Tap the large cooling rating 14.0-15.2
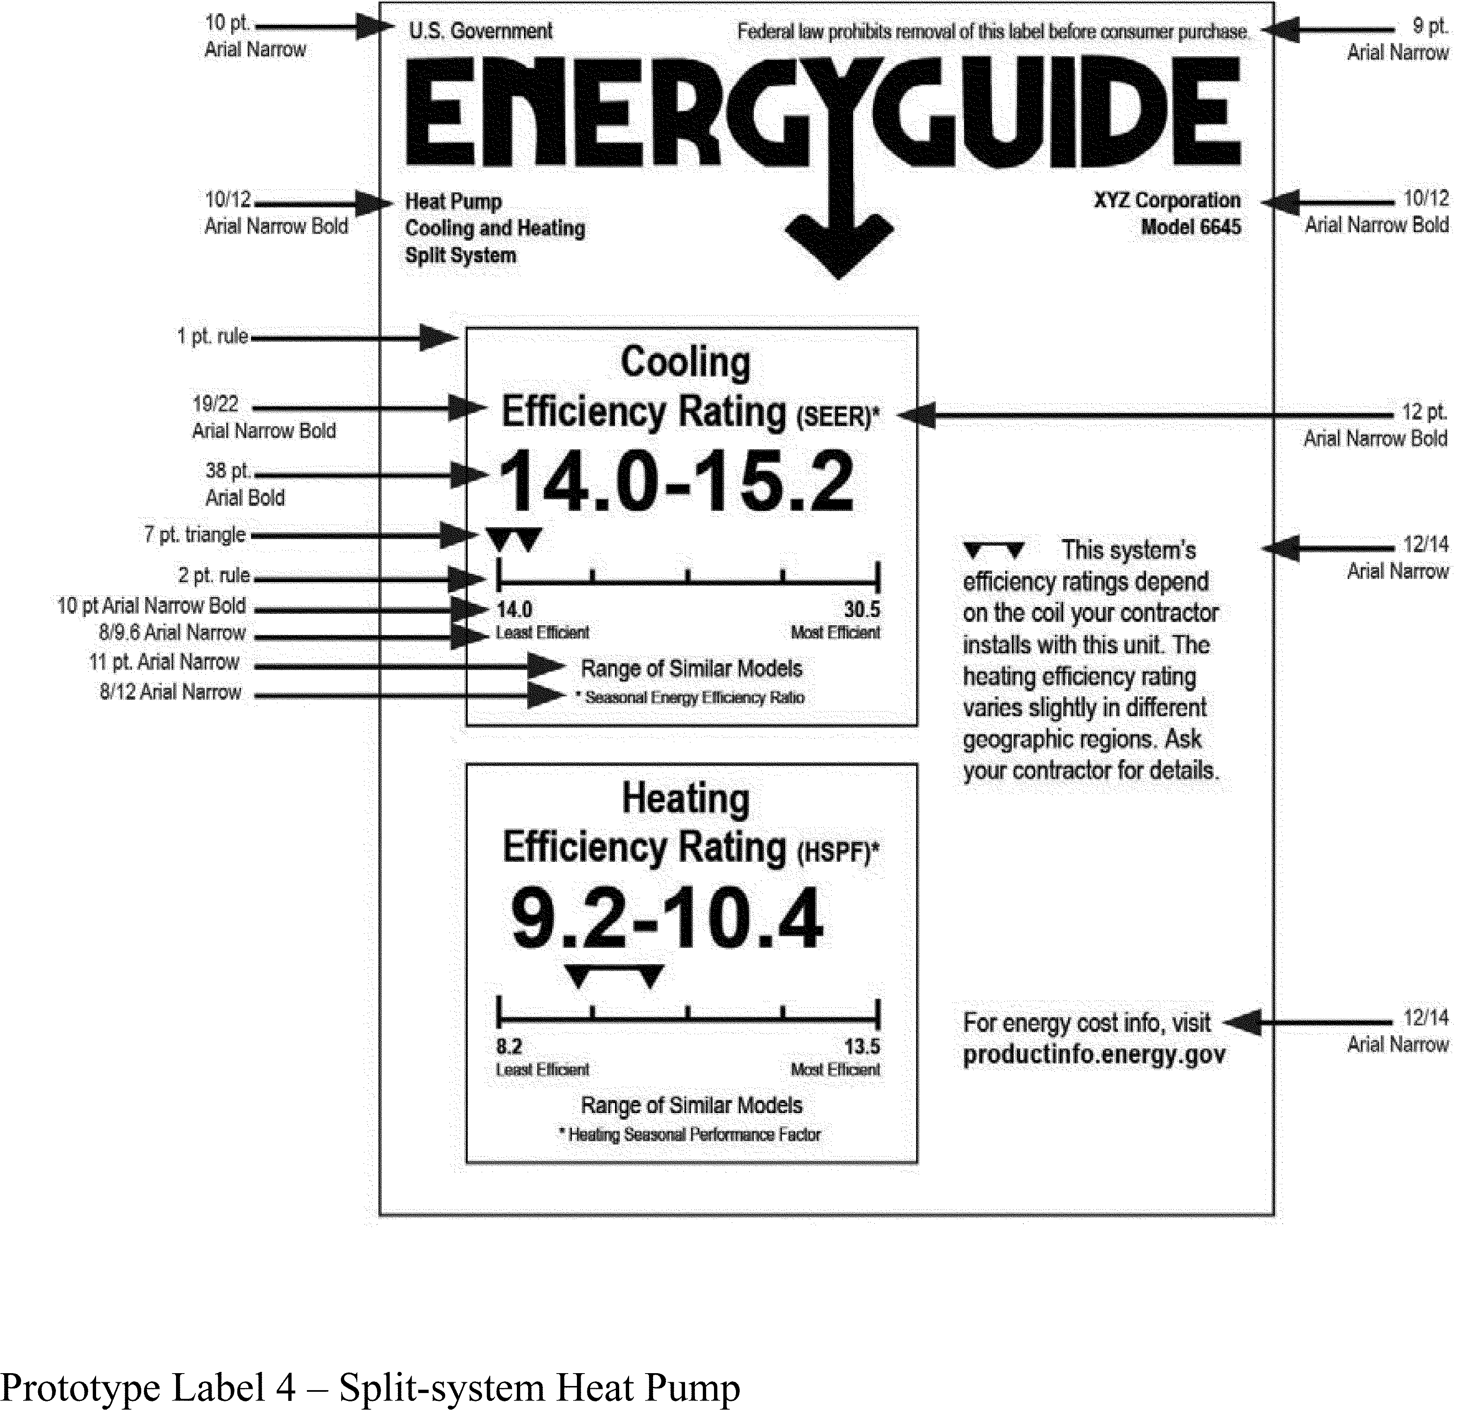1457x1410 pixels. click(x=676, y=482)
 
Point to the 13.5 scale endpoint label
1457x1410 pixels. click(x=861, y=1046)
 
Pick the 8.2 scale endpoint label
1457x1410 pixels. click(x=509, y=1046)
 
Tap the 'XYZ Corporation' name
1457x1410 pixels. click(x=1166, y=201)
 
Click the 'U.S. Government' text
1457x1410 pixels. click(x=480, y=31)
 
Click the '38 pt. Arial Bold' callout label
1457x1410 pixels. click(x=245, y=484)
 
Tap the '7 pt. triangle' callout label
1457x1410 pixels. click(x=195, y=535)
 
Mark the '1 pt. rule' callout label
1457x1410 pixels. click(x=212, y=337)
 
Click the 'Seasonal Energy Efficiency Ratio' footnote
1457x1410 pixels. click(x=690, y=698)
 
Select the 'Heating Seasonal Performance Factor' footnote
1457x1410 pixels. click(x=690, y=1134)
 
